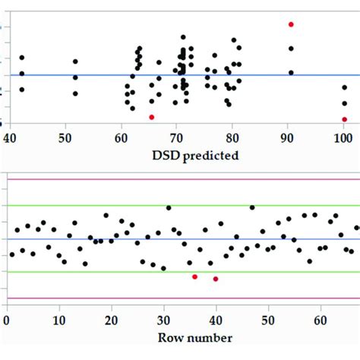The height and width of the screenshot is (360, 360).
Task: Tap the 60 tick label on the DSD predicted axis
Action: tap(121, 137)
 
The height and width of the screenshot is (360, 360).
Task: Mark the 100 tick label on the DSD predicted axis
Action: tap(343, 137)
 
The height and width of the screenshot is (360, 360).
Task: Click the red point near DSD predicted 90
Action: tap(291, 24)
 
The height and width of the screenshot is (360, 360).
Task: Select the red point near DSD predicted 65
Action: tap(152, 117)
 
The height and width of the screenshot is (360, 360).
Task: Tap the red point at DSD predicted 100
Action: tap(344, 119)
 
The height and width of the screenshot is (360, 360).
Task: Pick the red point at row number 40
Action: tap(216, 279)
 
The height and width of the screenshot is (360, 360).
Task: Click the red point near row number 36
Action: tap(195, 276)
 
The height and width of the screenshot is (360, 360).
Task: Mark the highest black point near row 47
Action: tap(252, 207)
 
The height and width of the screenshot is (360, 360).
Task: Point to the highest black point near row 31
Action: tap(169, 207)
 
